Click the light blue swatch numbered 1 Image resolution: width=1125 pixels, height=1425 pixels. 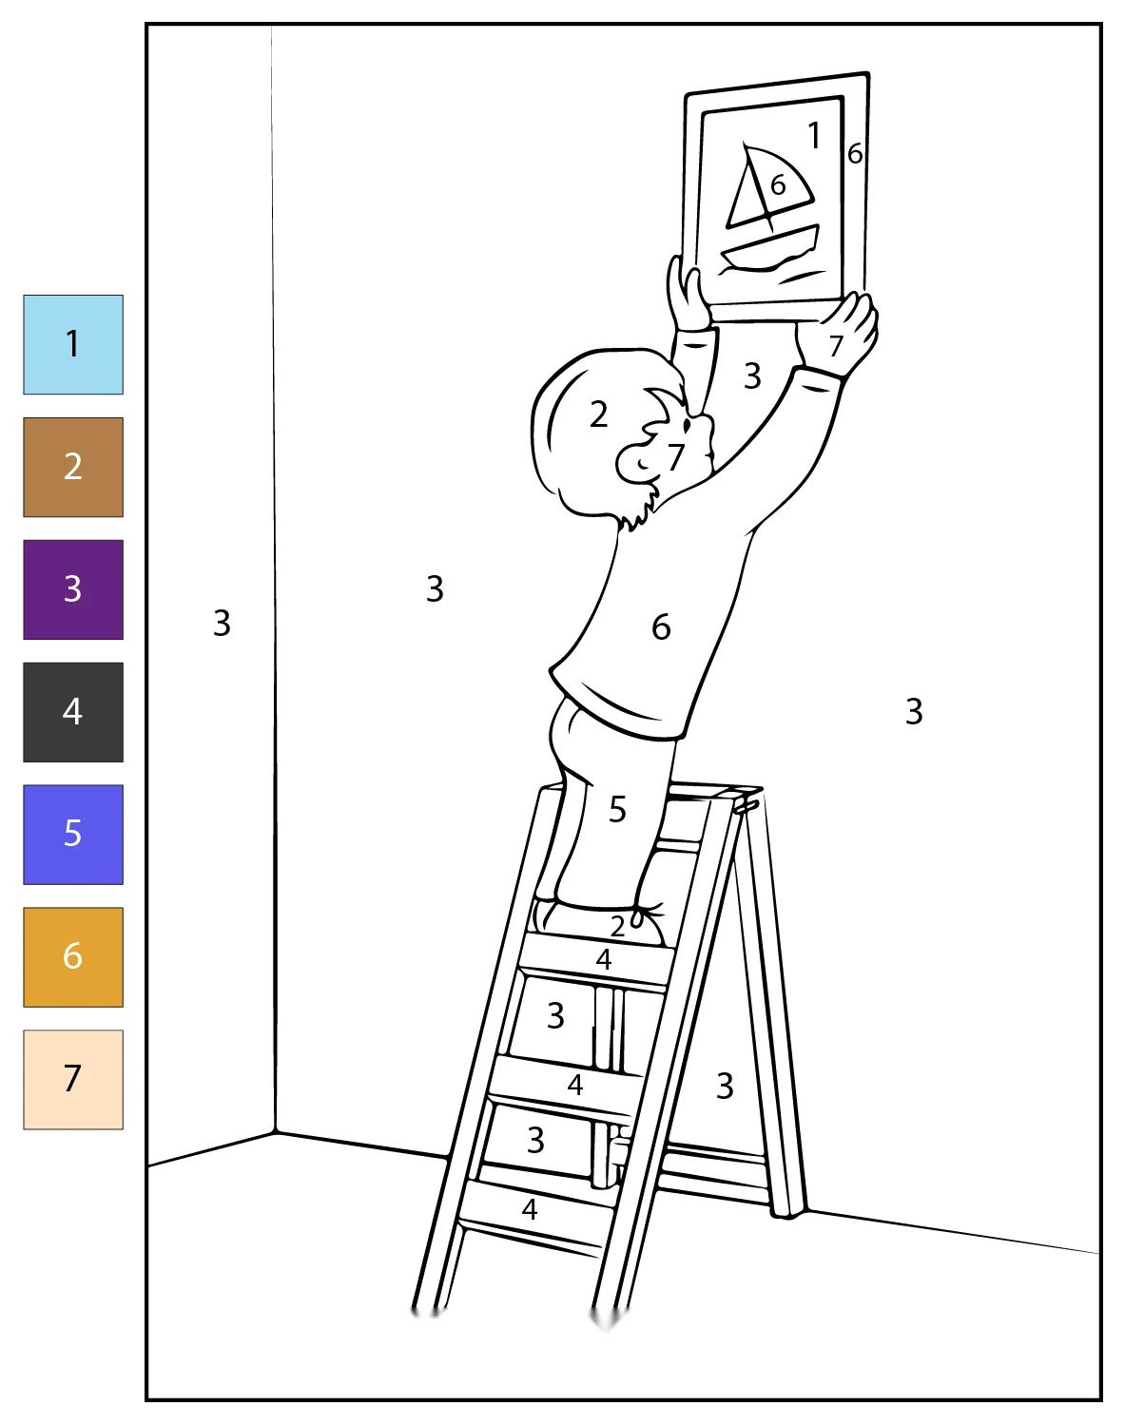[x=73, y=344]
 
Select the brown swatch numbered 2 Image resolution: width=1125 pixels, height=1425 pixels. [x=73, y=467]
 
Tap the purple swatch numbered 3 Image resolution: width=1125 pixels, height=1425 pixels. [x=73, y=589]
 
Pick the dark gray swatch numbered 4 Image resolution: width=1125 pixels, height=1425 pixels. [x=73, y=712]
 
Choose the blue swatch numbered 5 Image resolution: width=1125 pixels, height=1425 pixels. [x=73, y=835]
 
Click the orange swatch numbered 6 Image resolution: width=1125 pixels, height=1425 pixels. [x=73, y=957]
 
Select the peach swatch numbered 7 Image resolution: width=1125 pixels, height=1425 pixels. [x=73, y=1079]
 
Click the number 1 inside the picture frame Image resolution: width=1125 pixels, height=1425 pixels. [x=814, y=135]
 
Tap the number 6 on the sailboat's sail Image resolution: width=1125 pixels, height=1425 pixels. [x=778, y=184]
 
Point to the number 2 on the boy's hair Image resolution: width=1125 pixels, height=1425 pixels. [x=598, y=414]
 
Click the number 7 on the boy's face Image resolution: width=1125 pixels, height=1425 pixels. [x=675, y=456]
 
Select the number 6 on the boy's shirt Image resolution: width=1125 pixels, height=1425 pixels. [x=661, y=627]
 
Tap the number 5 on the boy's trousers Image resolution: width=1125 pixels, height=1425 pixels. [x=617, y=809]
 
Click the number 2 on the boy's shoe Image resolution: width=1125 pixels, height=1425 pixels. [x=617, y=926]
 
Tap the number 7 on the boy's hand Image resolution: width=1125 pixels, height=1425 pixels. [x=836, y=346]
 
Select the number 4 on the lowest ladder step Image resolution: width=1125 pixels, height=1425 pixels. [x=530, y=1210]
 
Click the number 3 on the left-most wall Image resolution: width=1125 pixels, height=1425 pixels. [x=222, y=623]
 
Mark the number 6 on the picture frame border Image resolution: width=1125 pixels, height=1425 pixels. [x=855, y=154]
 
